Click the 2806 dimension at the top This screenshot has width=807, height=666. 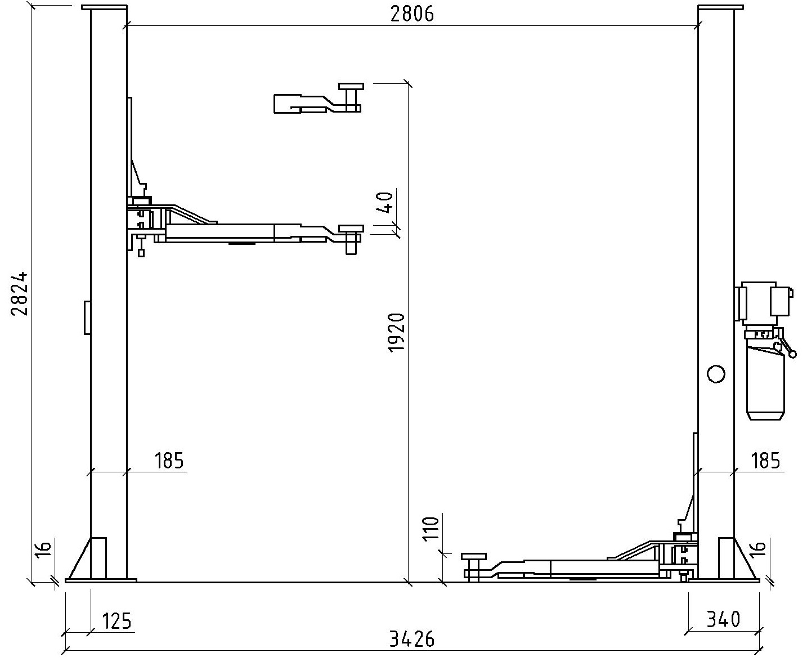412,15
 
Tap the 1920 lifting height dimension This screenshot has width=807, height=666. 396,333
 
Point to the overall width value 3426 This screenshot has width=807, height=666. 412,640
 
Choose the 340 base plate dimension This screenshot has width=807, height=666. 723,619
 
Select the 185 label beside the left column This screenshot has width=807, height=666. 169,461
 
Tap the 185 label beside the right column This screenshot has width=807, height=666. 765,461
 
